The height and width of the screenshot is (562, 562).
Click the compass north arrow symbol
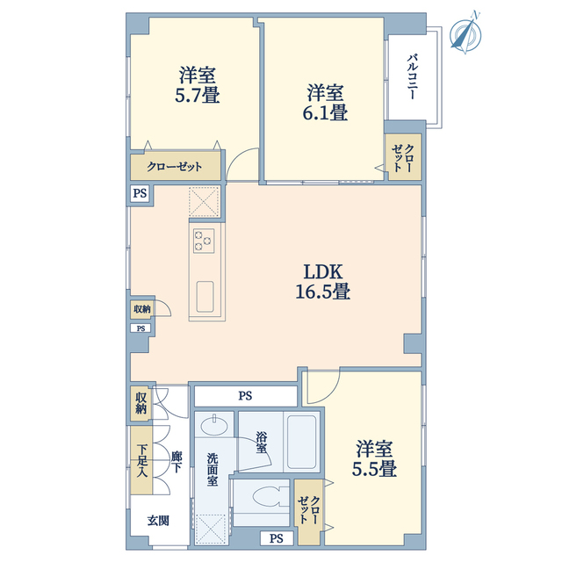[466, 33]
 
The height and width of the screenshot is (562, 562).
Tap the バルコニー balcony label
[412, 76]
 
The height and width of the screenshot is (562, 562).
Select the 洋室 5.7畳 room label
[197, 84]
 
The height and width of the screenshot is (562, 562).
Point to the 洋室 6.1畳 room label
[325, 102]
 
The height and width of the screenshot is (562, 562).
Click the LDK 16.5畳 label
[323, 281]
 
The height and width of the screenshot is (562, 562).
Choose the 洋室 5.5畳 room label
[374, 458]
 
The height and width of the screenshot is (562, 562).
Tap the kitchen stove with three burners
[204, 241]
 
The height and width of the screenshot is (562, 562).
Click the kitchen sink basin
[205, 297]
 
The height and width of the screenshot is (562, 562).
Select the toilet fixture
[270, 497]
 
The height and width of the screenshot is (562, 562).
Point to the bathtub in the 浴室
[301, 442]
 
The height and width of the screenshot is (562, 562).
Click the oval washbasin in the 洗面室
[214, 425]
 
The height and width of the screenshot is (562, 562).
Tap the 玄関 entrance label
[158, 521]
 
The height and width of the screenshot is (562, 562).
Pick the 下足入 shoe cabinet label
[142, 460]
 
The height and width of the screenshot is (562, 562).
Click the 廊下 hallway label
[176, 462]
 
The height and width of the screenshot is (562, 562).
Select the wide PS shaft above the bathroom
[246, 396]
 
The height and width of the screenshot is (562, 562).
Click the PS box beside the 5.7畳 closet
[140, 193]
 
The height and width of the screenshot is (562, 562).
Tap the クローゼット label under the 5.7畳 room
[175, 167]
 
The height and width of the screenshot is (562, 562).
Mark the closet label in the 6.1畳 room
[403, 158]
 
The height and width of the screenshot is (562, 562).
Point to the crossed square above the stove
[204, 202]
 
